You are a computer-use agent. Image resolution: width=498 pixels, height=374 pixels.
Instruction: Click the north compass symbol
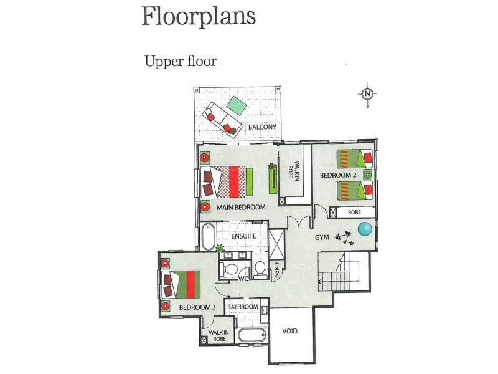coord(367,94)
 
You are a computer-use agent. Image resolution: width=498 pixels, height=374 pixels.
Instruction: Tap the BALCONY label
coord(262,127)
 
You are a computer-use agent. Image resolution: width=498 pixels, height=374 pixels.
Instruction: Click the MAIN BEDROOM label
coord(241,208)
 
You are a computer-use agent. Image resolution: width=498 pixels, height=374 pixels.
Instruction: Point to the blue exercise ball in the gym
coord(365,229)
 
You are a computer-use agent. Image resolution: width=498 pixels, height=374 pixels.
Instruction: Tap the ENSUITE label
coord(243,236)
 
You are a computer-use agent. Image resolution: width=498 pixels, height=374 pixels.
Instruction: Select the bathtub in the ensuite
coord(208,237)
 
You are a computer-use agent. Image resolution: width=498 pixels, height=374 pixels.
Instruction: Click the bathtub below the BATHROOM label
coord(252,335)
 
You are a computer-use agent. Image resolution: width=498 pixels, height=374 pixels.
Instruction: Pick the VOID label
coord(290,331)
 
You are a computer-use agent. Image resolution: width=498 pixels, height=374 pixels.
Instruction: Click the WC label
coord(243,279)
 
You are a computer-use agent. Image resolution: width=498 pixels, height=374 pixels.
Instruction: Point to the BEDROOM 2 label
coord(338,175)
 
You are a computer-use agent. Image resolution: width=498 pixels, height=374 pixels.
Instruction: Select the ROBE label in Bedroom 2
coord(354,212)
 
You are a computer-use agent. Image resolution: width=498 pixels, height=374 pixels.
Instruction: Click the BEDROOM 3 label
coord(197,307)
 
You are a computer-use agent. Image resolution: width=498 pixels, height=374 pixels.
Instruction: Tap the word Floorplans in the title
coord(199,16)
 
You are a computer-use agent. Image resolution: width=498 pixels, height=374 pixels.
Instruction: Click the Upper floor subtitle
coord(181,61)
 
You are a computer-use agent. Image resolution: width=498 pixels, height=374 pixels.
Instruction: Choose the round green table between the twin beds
coord(367,175)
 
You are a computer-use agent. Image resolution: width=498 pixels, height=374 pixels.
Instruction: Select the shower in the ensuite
coord(276,244)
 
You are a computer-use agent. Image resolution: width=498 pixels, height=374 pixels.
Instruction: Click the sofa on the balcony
coord(222,120)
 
